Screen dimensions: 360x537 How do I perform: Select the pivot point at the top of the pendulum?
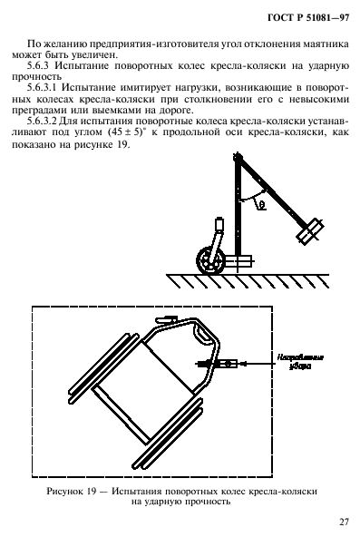coord(239,161)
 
